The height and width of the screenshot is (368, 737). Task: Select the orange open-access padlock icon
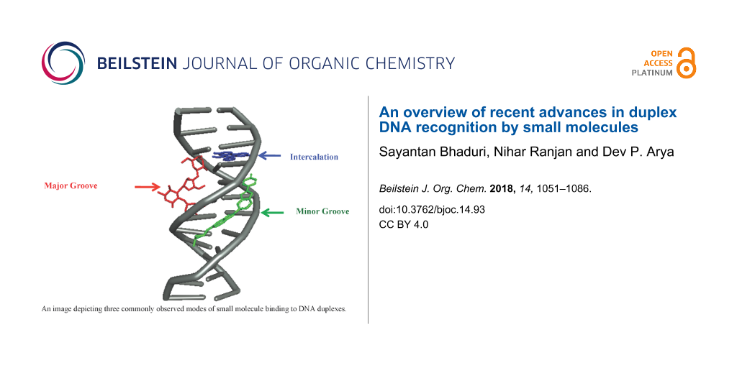(687, 63)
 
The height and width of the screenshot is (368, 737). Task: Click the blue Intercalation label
(314, 157)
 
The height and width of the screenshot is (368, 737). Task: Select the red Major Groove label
(71, 186)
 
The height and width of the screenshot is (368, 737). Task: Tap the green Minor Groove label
(322, 211)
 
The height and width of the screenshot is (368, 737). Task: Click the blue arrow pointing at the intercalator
(270, 155)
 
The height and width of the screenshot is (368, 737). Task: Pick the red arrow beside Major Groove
(147, 188)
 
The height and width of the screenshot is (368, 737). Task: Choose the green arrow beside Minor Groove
(272, 213)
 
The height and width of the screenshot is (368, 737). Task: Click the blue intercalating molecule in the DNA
(230, 156)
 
